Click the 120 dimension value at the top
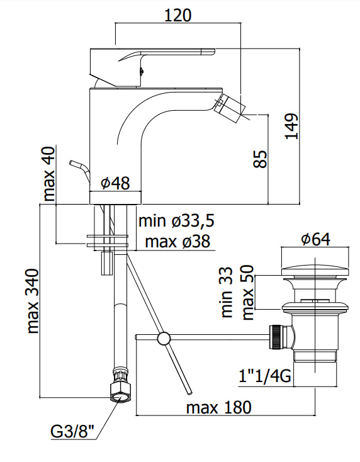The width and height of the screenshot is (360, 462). (x=177, y=15)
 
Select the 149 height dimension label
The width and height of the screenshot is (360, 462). (x=291, y=126)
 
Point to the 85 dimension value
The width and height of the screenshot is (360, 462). (x=260, y=159)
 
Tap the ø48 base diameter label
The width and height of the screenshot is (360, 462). (x=115, y=183)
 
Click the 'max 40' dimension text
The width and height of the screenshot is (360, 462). (x=49, y=174)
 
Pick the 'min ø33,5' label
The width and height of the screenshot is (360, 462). (x=176, y=221)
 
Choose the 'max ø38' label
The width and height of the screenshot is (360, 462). (x=177, y=242)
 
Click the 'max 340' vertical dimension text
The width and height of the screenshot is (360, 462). (x=32, y=301)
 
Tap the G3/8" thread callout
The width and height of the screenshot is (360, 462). (x=72, y=432)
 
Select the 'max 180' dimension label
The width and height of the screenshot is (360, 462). (x=219, y=407)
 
